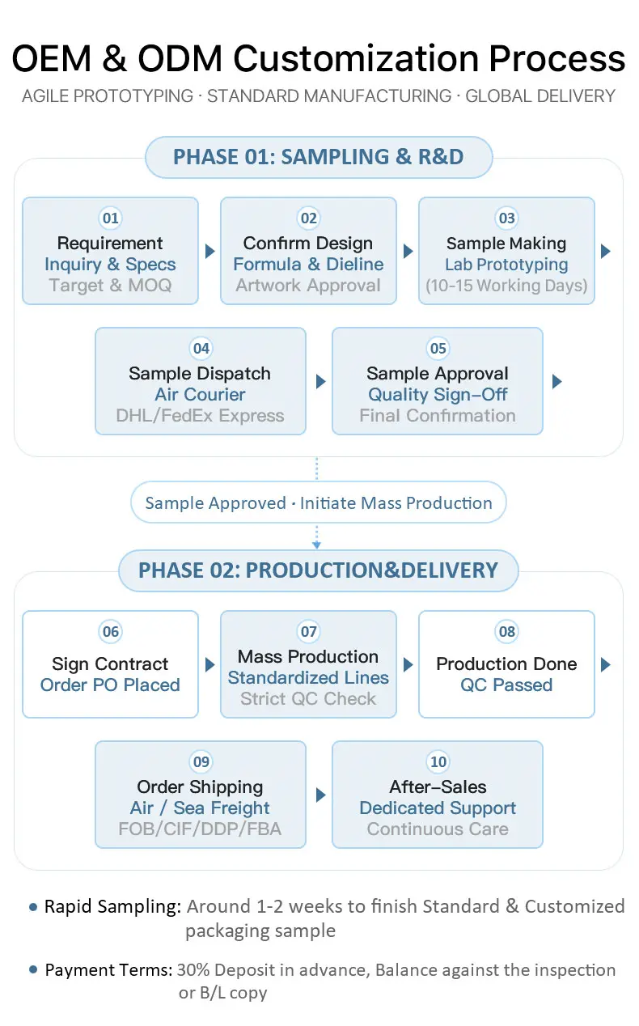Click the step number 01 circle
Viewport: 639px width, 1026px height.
(x=110, y=218)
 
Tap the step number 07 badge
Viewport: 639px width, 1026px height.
(x=308, y=632)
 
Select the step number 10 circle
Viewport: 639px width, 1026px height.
(x=438, y=761)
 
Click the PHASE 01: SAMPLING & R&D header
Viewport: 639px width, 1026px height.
(x=319, y=157)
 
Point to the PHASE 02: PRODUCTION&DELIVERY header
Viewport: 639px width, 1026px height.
(x=318, y=570)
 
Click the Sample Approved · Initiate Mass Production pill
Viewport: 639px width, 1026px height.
(x=319, y=502)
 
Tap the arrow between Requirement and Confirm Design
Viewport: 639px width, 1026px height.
(x=210, y=251)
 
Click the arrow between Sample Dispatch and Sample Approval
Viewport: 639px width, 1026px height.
(x=321, y=381)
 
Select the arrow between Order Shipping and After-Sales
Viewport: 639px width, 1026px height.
(x=321, y=795)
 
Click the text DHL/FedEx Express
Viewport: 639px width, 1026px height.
(x=200, y=415)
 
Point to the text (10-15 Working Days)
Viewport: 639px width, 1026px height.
(x=506, y=286)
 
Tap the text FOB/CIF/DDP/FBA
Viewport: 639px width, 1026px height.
(x=200, y=829)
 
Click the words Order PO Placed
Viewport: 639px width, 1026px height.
(x=110, y=685)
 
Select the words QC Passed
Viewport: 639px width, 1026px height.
(x=506, y=685)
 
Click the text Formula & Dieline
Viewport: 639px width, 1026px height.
(x=308, y=265)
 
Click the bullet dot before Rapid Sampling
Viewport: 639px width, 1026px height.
(x=33, y=907)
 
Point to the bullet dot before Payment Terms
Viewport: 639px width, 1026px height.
(x=33, y=969)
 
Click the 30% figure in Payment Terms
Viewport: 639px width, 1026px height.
(x=193, y=970)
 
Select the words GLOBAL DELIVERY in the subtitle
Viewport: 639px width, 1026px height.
(x=540, y=96)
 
